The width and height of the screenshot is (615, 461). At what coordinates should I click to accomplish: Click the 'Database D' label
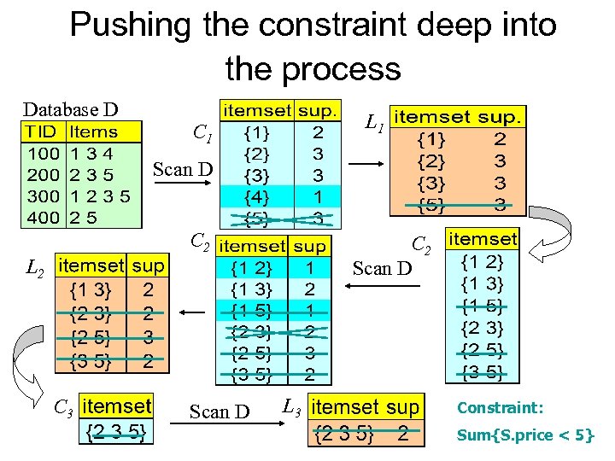pyautogui.click(x=70, y=109)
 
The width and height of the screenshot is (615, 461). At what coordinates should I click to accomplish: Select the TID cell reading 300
pyautogui.click(x=42, y=195)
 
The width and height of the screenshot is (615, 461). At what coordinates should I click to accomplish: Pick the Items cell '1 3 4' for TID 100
pyautogui.click(x=92, y=154)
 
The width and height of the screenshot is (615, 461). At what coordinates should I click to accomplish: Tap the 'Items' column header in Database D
pyautogui.click(x=94, y=132)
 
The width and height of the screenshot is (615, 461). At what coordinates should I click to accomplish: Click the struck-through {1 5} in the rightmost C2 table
pyautogui.click(x=483, y=306)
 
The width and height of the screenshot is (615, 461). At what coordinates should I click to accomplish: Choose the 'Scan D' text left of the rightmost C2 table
pyautogui.click(x=382, y=269)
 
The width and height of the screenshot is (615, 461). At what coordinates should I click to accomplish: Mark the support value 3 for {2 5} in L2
pyautogui.click(x=149, y=338)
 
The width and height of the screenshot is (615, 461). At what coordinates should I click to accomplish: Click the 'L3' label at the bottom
pyautogui.click(x=291, y=404)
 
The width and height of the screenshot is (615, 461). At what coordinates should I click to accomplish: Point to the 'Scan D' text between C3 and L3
pyautogui.click(x=220, y=411)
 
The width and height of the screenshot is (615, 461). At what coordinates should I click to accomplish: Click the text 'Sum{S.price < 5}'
pyautogui.click(x=525, y=435)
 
